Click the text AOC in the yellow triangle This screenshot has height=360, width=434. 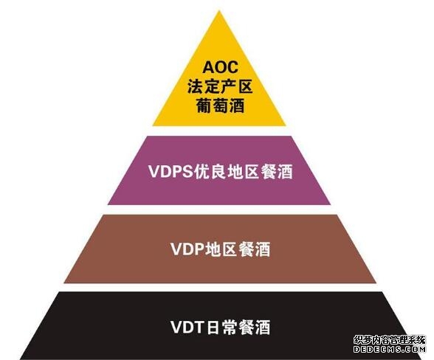[x=220, y=67]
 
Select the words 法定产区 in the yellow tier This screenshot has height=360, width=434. [x=220, y=86]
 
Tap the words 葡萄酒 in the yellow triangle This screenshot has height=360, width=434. [x=220, y=105]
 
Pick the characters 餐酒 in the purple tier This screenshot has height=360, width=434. [x=277, y=172]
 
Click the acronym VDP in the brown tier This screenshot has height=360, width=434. [x=187, y=249]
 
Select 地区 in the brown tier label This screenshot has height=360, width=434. [x=221, y=249]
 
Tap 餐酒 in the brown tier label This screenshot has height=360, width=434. [x=254, y=249]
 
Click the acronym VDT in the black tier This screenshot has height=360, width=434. [x=187, y=327]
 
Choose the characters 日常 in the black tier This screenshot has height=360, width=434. [x=221, y=327]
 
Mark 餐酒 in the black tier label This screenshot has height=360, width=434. [x=254, y=327]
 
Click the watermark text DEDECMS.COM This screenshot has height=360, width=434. [x=390, y=349]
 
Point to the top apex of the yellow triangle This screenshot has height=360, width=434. [x=219, y=10]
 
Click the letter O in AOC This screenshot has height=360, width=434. [x=221, y=67]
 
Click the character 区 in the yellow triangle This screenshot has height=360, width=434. [x=245, y=86]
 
